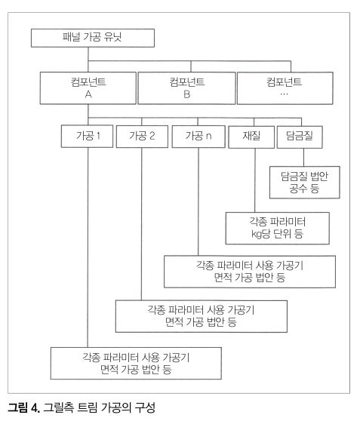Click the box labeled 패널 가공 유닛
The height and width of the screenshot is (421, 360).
click(93, 38)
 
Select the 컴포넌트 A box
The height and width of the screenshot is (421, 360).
click(88, 88)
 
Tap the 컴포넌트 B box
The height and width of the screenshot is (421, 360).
click(186, 88)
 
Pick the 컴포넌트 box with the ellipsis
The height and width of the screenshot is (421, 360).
click(285, 88)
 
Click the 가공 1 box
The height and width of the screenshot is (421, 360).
click(87, 136)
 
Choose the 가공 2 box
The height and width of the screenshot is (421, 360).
click(142, 137)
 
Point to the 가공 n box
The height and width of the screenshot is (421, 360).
click(198, 137)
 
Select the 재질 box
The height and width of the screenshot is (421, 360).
click(251, 137)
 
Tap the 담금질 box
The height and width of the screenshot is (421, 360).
click(300, 137)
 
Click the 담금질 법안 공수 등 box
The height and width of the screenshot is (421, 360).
click(305, 183)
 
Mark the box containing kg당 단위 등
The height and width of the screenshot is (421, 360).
click(278, 228)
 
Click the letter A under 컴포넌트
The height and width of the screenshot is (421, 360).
click(88, 94)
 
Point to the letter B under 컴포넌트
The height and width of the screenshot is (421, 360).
click(186, 94)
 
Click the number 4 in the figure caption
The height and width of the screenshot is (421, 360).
click(35, 407)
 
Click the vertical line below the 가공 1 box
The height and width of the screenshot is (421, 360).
click(88, 247)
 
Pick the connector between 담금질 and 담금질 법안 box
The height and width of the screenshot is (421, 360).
click(304, 158)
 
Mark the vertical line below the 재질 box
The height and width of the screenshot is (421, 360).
click(255, 180)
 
